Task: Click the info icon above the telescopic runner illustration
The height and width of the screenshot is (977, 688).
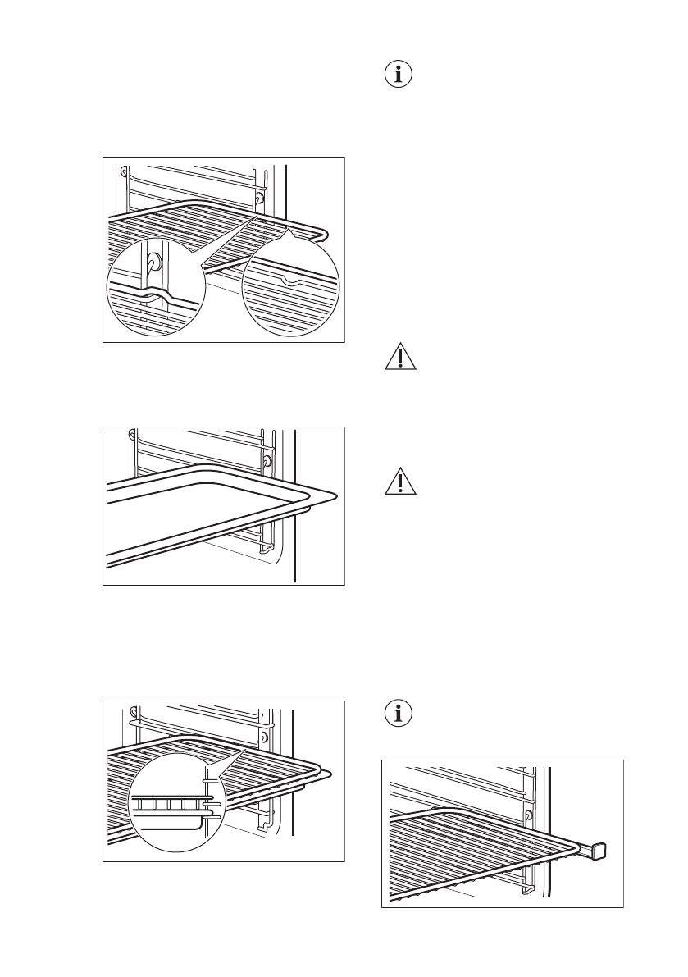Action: (399, 713)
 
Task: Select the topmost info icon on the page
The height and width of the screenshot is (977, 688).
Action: (399, 75)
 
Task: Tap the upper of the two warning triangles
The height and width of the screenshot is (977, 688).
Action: (400, 359)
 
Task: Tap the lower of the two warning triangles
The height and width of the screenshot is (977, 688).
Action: (400, 482)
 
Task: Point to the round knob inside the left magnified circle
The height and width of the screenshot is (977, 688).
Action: (153, 262)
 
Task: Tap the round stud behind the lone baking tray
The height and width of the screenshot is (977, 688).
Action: (267, 462)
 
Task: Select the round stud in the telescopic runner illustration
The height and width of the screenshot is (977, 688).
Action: (528, 815)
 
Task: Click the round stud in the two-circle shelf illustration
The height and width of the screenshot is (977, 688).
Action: (259, 198)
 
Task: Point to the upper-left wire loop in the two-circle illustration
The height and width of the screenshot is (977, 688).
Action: (124, 172)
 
